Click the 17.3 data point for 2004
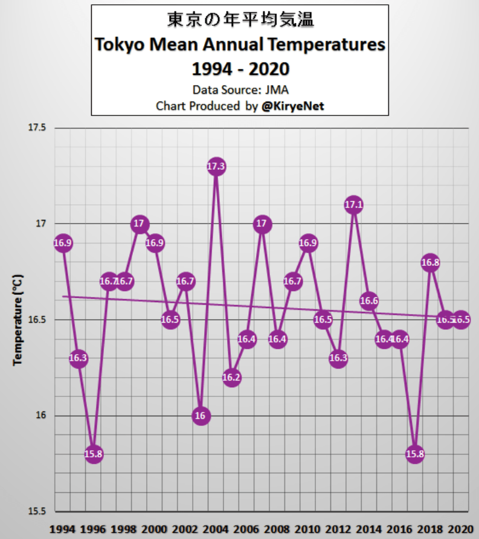(216, 166)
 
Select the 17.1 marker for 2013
(354, 205)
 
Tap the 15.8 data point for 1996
(94, 454)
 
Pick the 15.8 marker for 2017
(415, 454)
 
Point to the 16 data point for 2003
(201, 416)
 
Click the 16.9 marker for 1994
(63, 243)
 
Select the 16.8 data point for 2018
(430, 262)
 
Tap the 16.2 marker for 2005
(231, 377)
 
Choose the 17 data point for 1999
(140, 224)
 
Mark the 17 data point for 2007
(262, 224)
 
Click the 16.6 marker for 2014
(369, 300)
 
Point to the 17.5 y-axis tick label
(37, 128)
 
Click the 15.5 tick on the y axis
(37, 511)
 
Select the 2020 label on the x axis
(460, 528)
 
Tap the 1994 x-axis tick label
(63, 528)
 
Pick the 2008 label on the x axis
(277, 528)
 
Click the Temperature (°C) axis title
(18, 320)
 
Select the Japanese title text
(240, 21)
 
